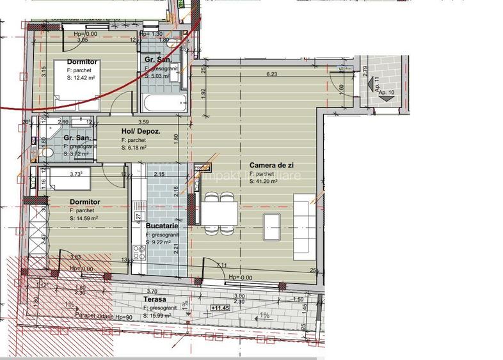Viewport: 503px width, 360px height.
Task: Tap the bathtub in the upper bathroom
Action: (x=163, y=101)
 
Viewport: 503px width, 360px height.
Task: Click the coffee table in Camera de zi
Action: (x=271, y=226)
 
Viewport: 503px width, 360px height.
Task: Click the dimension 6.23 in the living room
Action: (x=272, y=74)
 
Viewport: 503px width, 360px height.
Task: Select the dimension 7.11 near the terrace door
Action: (x=221, y=265)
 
